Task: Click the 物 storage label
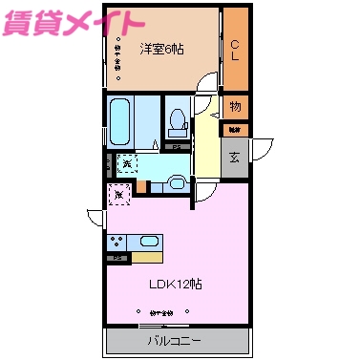235,106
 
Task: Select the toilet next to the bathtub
177,121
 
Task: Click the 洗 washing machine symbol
127,164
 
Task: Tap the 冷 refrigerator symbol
117,196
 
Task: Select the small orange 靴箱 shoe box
235,128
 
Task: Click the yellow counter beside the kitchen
146,257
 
